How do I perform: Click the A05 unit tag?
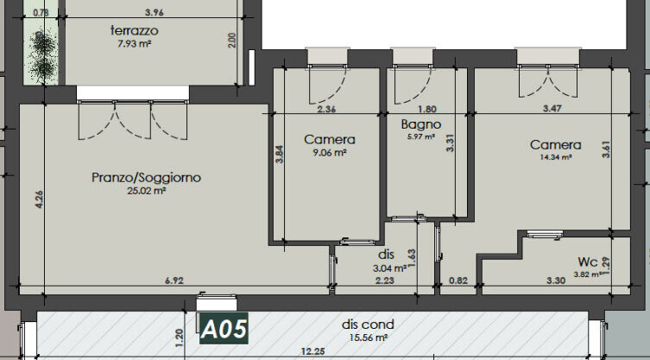[224, 329]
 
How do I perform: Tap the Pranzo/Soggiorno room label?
[146, 178]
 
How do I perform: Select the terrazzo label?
[134, 30]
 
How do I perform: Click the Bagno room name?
[421, 124]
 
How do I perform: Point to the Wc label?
[589, 262]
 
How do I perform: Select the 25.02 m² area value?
[146, 191]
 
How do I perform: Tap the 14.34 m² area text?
[555, 158]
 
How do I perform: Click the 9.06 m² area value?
[330, 152]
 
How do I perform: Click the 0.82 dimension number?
[459, 281]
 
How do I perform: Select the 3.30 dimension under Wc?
[555, 281]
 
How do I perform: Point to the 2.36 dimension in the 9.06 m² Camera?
[326, 110]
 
